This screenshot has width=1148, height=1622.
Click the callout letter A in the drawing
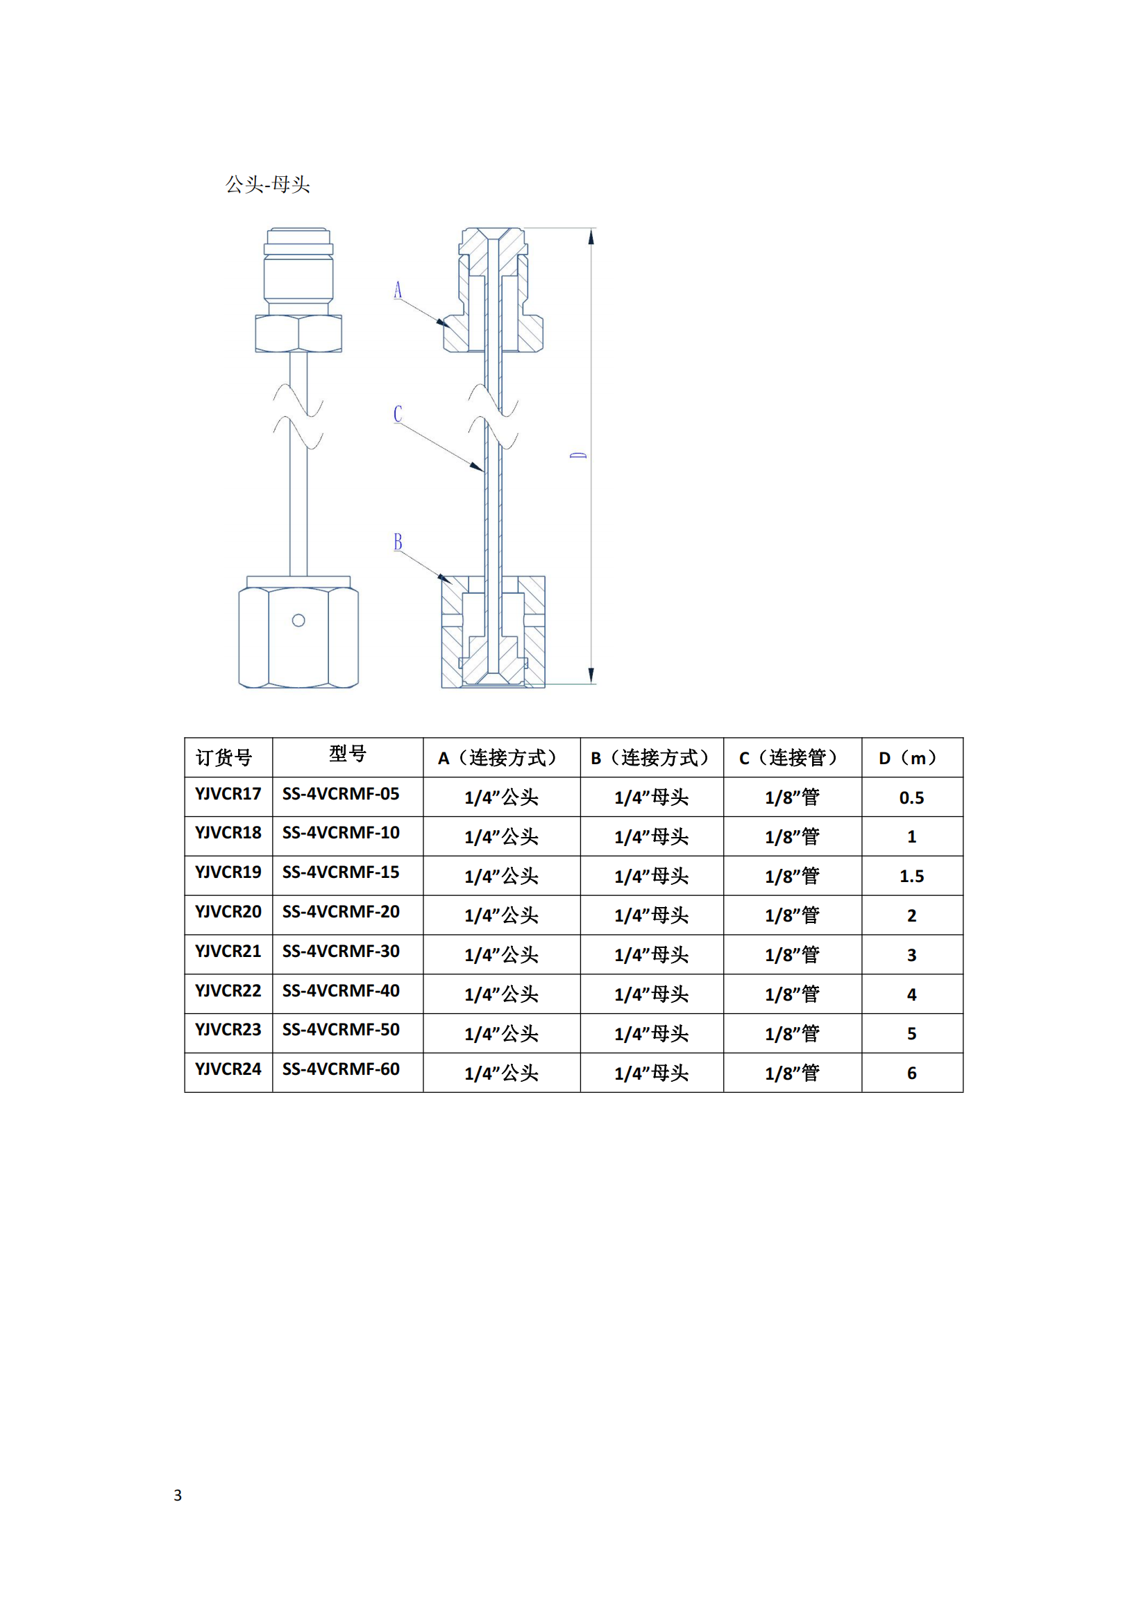click(x=397, y=290)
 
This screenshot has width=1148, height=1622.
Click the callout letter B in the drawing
click(x=398, y=542)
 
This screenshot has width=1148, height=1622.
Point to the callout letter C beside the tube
click(x=398, y=414)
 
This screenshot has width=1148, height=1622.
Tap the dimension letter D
click(x=578, y=456)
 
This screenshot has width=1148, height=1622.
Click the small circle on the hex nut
click(x=298, y=620)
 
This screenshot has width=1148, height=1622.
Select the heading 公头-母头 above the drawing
click(x=268, y=184)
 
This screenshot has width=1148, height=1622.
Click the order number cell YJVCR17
click(x=228, y=793)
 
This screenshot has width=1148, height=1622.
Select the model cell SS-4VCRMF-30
click(x=341, y=951)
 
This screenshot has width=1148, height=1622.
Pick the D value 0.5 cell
click(x=912, y=797)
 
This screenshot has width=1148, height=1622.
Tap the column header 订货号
click(x=224, y=758)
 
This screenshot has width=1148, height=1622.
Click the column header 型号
click(x=348, y=754)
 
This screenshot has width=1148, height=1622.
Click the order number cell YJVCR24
click(x=228, y=1069)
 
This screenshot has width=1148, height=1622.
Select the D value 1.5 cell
click(x=912, y=876)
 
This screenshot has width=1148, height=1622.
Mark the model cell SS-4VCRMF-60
click(x=341, y=1069)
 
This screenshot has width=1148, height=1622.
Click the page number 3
click(x=178, y=1495)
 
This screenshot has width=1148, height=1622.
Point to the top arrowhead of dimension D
click(x=591, y=236)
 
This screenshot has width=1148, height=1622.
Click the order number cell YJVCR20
click(x=228, y=911)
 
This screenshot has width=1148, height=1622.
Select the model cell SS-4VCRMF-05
click(x=341, y=793)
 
